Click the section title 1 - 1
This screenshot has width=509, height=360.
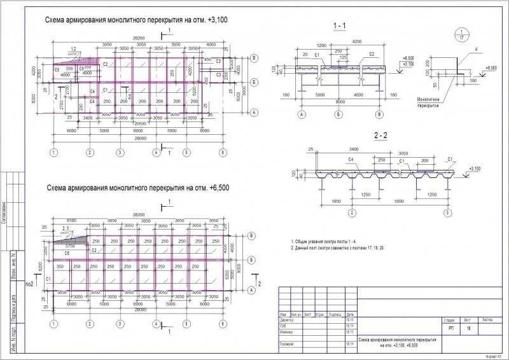[x=340, y=25]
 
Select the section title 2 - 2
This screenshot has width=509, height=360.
[x=380, y=135]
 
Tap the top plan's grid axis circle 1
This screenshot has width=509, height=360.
[x=54, y=153]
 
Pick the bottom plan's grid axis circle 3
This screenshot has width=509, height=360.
[x=119, y=324]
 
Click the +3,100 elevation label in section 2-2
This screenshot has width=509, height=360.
[x=474, y=169]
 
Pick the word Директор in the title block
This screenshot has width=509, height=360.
[x=287, y=321]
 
